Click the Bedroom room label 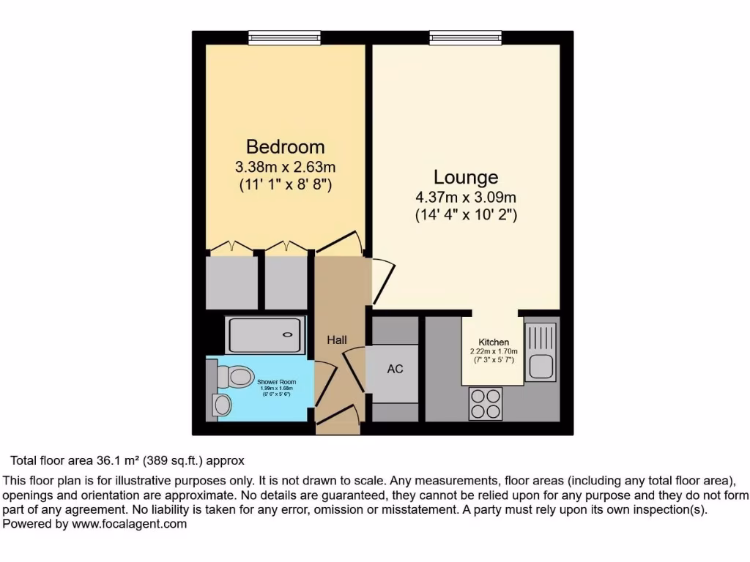285,146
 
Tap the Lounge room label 466,177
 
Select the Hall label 337,340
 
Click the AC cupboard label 395,369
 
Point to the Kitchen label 494,342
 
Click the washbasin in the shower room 220,405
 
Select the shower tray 265,336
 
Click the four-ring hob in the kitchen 486,402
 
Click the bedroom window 284,37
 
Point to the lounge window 466,37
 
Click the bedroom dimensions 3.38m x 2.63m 285,168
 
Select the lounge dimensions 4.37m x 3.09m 466,198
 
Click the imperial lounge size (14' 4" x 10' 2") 466,215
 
